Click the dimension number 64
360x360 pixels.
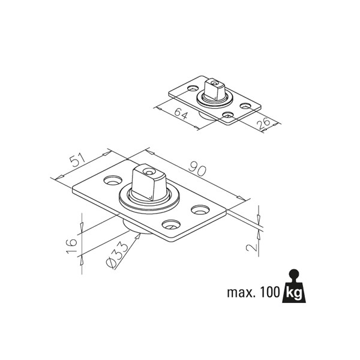pos(181,113)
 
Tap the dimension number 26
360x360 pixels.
pos(263,124)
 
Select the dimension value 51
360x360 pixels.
pos(77,161)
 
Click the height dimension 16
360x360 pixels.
pos(71,245)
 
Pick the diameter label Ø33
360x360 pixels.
pos(117,256)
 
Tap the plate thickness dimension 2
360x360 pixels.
pos(251,247)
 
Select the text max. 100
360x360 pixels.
pos(253,292)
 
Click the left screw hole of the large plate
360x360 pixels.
pos(113,181)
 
